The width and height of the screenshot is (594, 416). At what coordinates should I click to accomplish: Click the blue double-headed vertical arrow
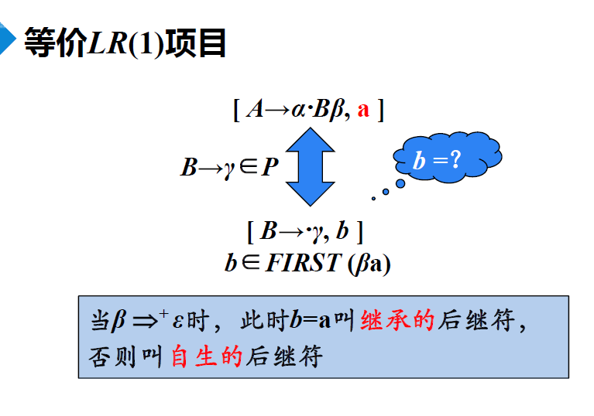pyautogui.click(x=311, y=166)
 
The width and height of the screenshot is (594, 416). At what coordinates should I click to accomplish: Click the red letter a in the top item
pyautogui.click(x=363, y=110)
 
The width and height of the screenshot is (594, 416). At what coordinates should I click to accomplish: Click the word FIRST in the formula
pyautogui.click(x=302, y=263)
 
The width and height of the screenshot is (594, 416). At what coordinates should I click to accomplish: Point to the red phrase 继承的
pyautogui.click(x=397, y=319)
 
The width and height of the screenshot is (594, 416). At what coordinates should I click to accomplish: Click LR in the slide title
pyautogui.click(x=108, y=43)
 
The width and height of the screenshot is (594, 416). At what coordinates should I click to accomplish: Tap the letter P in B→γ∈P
pyautogui.click(x=270, y=166)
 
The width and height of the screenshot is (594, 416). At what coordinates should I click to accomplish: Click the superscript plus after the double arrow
pyautogui.click(x=163, y=313)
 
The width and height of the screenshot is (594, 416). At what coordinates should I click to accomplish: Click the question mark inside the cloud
pyautogui.click(x=455, y=159)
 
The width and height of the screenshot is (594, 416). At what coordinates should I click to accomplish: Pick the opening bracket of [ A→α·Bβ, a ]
pyautogui.click(x=236, y=110)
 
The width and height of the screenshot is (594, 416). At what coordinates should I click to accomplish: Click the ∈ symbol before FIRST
pyautogui.click(x=251, y=263)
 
